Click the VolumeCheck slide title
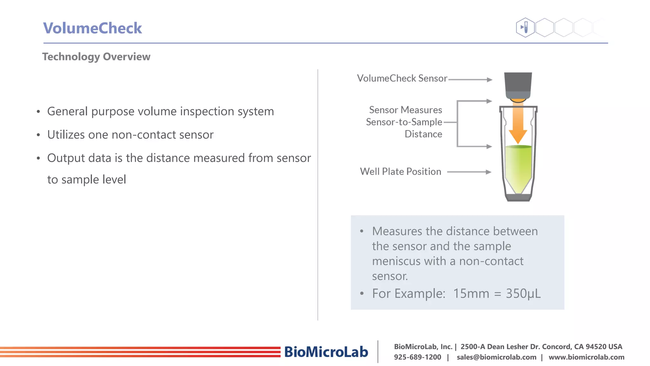pyautogui.click(x=92, y=28)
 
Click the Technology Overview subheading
pyautogui.click(x=96, y=57)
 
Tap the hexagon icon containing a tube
pyautogui.click(x=526, y=27)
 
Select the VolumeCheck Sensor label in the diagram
pyautogui.click(x=402, y=78)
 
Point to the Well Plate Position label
pyautogui.click(x=401, y=172)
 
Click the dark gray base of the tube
pyautogui.click(x=518, y=198)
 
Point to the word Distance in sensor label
pyautogui.click(x=423, y=134)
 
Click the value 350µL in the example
pyautogui.click(x=523, y=294)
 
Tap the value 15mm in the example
pyautogui.click(x=471, y=294)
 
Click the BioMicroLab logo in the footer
pyautogui.click(x=326, y=352)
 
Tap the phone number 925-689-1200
pyautogui.click(x=417, y=357)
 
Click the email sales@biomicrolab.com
pyautogui.click(x=496, y=357)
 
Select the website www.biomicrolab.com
pyautogui.click(x=586, y=357)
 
